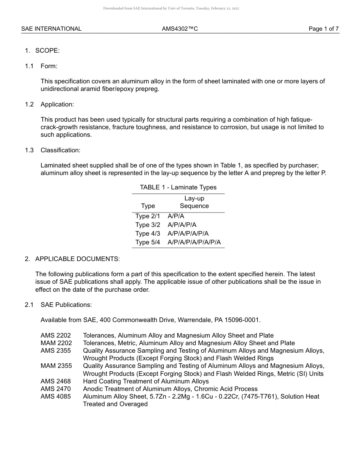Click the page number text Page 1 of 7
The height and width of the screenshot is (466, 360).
pyautogui.click(x=323, y=29)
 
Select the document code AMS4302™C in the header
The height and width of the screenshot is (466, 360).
pyautogui.click(x=180, y=29)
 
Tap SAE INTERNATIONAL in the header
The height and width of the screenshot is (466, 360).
pyautogui.click(x=51, y=29)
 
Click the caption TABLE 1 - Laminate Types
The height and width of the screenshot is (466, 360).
pyautogui.click(x=178, y=187)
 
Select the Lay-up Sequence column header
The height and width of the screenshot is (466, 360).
pyautogui.click(x=194, y=202)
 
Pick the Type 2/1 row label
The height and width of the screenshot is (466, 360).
pyautogui.click(x=148, y=216)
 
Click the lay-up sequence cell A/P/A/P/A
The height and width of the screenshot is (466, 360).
pyautogui.click(x=182, y=225)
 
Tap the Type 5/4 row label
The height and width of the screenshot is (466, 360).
pyautogui.click(x=148, y=242)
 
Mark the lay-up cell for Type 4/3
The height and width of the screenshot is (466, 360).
pyautogui.click(x=188, y=233)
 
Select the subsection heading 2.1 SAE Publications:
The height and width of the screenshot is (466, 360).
pyautogui.click(x=58, y=305)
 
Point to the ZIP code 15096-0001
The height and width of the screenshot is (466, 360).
pyautogui.click(x=243, y=320)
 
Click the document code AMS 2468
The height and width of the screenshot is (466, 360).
pyautogui.click(x=56, y=381)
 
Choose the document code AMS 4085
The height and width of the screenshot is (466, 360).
pyautogui.click(x=56, y=396)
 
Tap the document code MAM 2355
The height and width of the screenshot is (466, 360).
pyautogui.click(x=56, y=366)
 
